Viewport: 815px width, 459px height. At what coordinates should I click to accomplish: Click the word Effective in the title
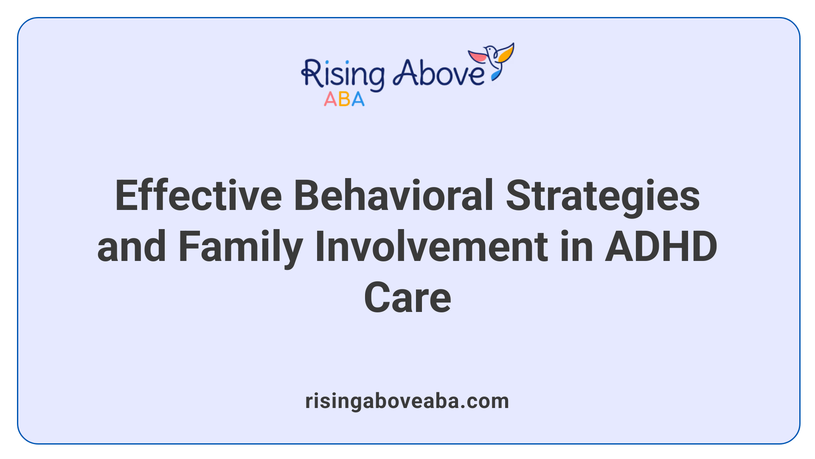tap(198, 195)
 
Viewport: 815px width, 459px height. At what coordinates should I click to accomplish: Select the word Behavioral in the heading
tap(393, 195)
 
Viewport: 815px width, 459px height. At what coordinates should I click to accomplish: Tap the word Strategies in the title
tap(603, 196)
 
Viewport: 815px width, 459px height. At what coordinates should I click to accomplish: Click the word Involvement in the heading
tap(431, 246)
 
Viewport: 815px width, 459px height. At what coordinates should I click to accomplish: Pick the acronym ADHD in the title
tap(661, 246)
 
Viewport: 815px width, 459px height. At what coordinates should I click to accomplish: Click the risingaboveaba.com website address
tap(407, 401)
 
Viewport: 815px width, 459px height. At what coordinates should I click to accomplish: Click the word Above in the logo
tap(438, 73)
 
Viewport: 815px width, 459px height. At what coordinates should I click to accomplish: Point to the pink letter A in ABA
tap(330, 99)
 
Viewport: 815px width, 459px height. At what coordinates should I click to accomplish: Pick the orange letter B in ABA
tap(344, 99)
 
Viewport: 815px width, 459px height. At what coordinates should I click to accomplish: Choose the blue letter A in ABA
tap(358, 99)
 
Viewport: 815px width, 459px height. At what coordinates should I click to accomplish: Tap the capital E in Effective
tap(126, 195)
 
